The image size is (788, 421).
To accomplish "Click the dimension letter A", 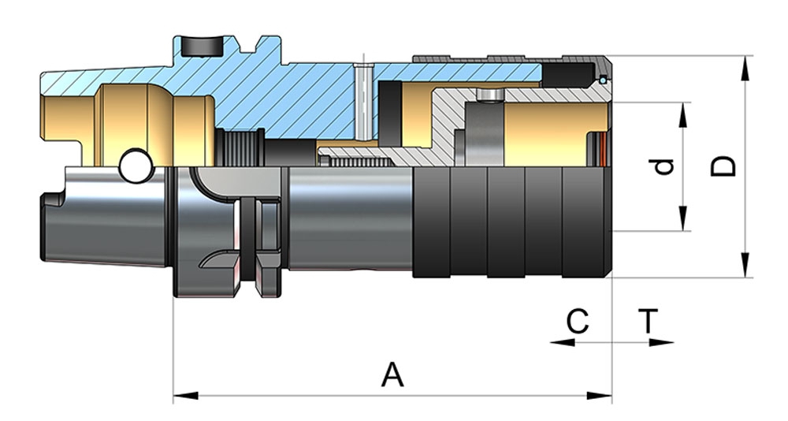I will (392, 374).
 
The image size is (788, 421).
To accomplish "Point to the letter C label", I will (578, 322).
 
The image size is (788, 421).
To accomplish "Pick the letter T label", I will (648, 322).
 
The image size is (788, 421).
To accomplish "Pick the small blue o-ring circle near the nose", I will (603, 79).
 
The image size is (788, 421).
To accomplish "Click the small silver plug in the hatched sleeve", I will (489, 95).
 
